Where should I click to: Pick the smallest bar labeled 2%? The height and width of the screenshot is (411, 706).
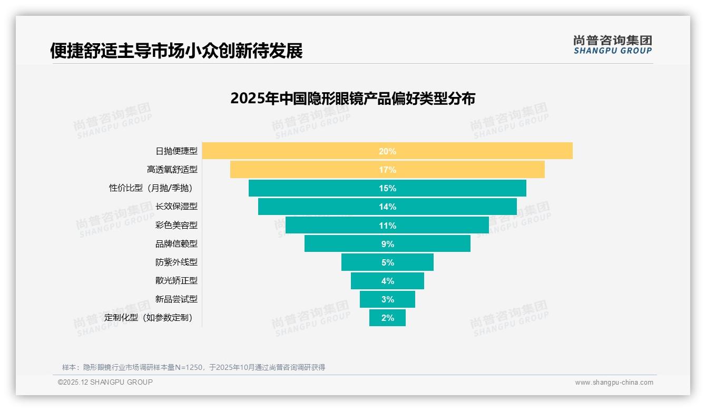[387, 318]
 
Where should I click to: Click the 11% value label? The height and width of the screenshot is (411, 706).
[387, 226]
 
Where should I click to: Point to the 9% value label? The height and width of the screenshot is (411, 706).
[387, 244]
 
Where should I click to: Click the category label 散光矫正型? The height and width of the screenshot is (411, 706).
[176, 281]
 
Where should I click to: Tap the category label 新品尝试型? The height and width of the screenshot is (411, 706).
[176, 299]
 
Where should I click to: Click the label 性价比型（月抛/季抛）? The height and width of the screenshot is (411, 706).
[153, 188]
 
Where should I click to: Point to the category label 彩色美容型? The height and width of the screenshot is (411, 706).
[176, 225]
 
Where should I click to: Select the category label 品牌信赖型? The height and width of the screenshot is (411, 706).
[176, 244]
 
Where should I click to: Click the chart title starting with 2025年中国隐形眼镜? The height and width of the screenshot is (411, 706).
[352, 99]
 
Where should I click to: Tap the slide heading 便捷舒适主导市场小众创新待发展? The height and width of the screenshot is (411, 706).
[177, 51]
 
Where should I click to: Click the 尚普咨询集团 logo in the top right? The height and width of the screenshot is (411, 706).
[612, 45]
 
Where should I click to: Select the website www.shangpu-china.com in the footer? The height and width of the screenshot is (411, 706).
[614, 383]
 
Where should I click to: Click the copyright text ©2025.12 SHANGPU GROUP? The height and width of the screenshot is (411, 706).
[105, 383]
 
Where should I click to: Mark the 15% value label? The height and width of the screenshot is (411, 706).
[387, 188]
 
